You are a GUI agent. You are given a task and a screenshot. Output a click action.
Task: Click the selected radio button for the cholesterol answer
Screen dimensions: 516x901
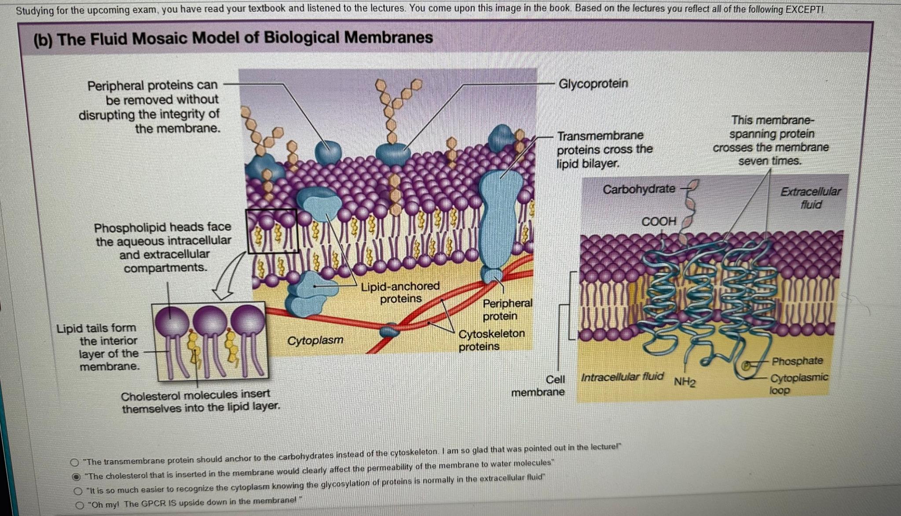pos(76,476)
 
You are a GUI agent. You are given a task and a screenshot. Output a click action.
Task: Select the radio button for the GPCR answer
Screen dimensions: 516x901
pos(79,505)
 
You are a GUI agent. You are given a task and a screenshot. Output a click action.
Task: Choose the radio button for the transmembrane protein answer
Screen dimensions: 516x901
pos(75,462)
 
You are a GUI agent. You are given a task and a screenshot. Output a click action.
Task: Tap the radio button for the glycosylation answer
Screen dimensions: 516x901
pos(78,491)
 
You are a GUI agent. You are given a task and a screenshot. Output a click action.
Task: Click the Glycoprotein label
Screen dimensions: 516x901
pos(593,84)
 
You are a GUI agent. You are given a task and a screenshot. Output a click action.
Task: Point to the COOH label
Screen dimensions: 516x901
pos(658,221)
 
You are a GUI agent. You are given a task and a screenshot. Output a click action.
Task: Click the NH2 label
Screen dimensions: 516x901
pos(685,381)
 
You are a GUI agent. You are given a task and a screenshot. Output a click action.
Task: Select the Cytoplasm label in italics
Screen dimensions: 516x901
pos(315,340)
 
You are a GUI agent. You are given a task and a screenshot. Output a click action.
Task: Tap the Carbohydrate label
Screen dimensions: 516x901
pos(639,189)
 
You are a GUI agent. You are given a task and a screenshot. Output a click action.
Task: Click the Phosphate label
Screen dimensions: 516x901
pos(797,361)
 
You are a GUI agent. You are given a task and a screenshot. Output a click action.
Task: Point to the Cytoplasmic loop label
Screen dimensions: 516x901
pos(798,384)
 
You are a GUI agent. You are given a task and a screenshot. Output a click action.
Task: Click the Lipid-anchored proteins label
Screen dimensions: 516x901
pos(400,293)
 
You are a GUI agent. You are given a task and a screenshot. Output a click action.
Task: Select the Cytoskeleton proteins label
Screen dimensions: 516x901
pos(491,340)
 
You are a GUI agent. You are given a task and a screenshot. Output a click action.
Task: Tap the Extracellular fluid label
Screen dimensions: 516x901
pos(810,198)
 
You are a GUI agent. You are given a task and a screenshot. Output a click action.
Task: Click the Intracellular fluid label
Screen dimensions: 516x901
pos(622,377)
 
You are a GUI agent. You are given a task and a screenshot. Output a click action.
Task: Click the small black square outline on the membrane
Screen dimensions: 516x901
pos(271,231)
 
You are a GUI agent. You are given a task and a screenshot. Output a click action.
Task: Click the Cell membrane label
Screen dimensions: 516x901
pos(538,386)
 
